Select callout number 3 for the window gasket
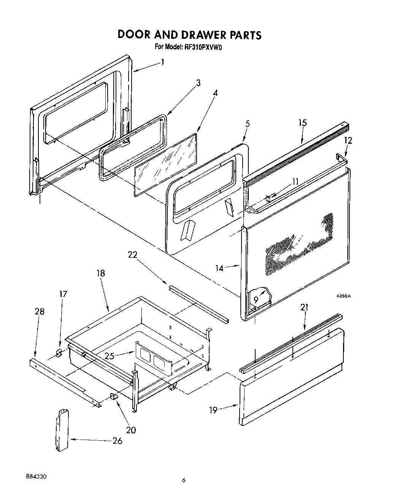(198, 83)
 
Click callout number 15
(302, 123)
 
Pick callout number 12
(348, 140)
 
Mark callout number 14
(219, 268)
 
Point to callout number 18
(100, 273)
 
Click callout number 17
(63, 294)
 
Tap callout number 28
(39, 312)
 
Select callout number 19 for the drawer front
(213, 410)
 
